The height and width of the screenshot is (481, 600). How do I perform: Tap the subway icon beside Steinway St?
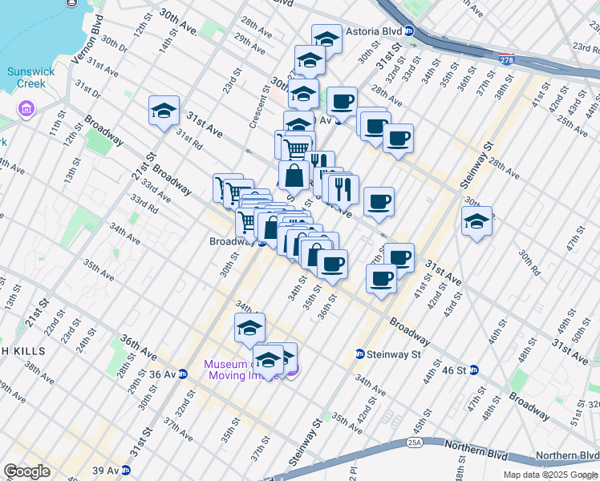[x=361, y=354]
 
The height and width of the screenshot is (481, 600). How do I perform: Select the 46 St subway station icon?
[x=474, y=370]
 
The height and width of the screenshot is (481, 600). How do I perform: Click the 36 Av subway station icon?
[x=183, y=374]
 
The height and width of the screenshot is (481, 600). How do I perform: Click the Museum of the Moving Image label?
[x=241, y=369]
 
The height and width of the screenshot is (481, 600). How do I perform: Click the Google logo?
[x=27, y=471]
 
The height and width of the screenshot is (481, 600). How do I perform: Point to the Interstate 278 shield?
[x=506, y=59]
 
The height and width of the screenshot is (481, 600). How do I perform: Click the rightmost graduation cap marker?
[x=476, y=220]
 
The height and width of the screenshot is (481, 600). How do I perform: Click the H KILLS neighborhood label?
[x=25, y=351]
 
